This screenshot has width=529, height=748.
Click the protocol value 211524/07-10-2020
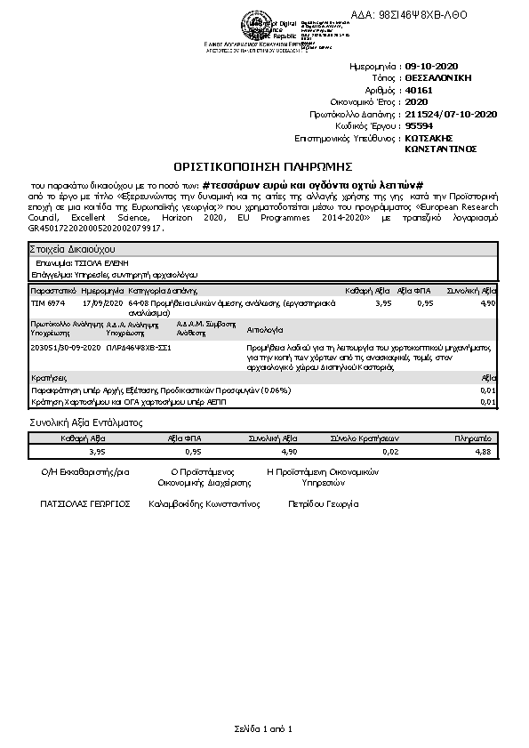tap(451, 114)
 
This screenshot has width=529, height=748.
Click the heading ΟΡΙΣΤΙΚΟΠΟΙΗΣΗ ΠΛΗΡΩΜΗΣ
tap(264, 165)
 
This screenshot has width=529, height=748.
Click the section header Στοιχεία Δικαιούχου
tap(72, 250)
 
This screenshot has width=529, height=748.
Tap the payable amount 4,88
tap(483, 452)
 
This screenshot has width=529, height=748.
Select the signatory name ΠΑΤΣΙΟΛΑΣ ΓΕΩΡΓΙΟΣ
tap(85, 503)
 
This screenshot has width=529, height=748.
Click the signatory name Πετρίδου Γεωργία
tap(323, 503)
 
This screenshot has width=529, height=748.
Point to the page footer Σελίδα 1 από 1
tap(263, 729)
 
